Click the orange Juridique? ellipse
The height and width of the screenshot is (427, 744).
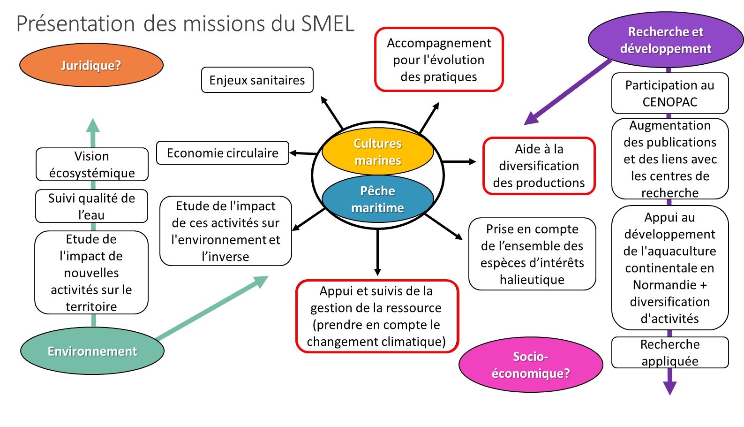coord(91,65)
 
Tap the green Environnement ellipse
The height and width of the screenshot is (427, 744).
coord(92,351)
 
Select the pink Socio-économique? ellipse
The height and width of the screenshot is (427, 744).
coord(531,365)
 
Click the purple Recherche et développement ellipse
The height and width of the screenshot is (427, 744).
coord(665,40)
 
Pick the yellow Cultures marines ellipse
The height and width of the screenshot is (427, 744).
coord(377,152)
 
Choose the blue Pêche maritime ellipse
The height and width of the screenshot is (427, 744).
coord(377,199)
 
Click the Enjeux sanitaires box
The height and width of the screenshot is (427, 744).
coord(257,80)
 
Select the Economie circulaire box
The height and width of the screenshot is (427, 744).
coord(222,153)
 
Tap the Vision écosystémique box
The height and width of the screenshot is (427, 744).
coord(92,164)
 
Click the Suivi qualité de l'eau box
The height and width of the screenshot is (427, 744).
coord(91,206)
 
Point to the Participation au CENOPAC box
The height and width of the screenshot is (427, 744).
coord(669,93)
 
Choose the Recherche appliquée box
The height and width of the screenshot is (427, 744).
coord(669,352)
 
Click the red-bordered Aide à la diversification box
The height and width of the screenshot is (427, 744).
coord(539,166)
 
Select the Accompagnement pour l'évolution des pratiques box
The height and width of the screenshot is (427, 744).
coord(439,60)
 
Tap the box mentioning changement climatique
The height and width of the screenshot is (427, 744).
coord(376,316)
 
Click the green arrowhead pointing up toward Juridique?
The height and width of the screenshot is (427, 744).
coord(93,125)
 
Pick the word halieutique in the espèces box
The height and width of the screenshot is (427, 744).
coord(532,280)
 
